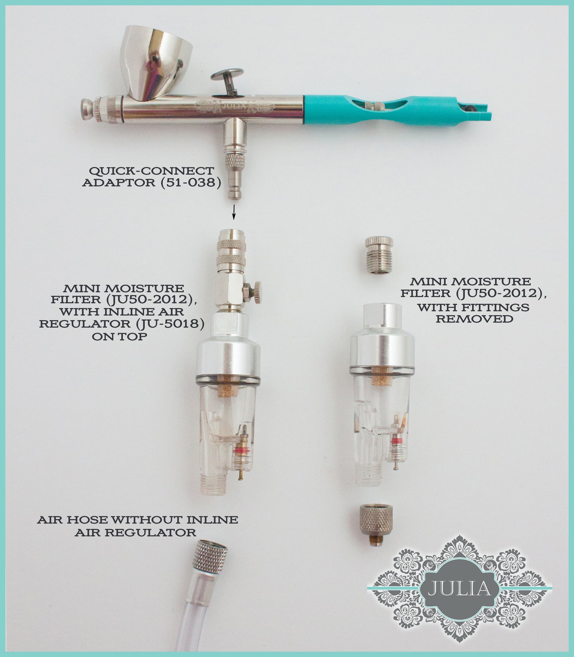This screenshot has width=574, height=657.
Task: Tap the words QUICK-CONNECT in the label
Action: click(x=151, y=171)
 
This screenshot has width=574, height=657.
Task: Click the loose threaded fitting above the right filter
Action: click(x=379, y=255)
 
